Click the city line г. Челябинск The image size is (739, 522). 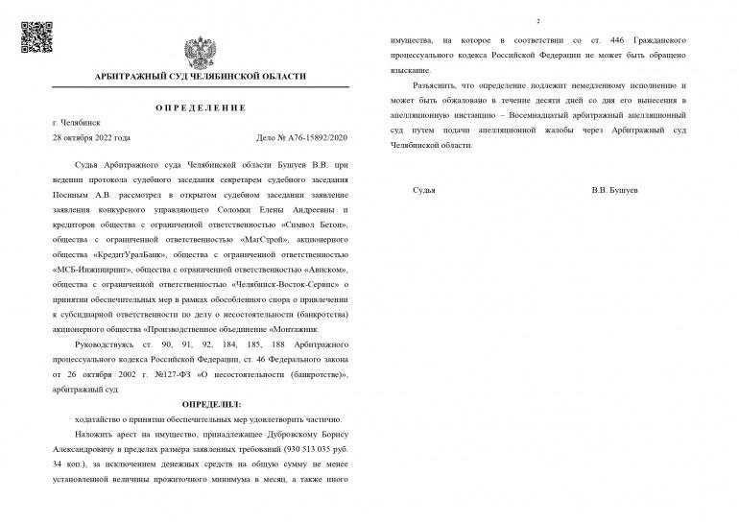(78, 123)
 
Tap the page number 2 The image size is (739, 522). (538, 21)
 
